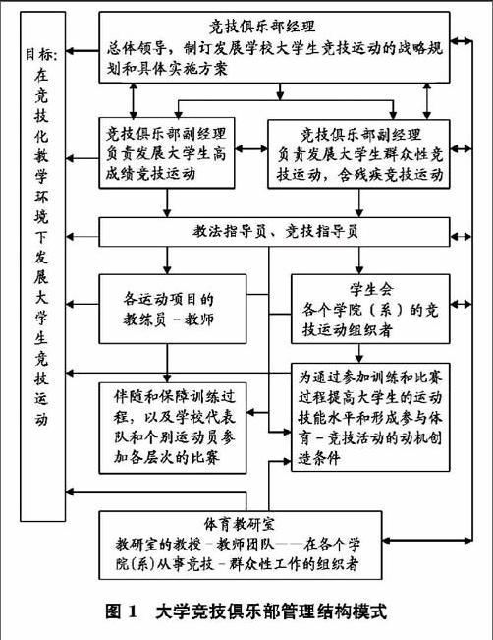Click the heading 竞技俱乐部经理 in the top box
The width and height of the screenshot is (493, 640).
tap(262, 27)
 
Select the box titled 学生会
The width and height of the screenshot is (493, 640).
tap(370, 309)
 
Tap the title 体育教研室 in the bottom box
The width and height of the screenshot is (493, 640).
tap(240, 524)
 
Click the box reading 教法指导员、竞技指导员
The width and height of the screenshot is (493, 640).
tap(274, 232)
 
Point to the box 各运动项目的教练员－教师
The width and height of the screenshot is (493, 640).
tap(173, 309)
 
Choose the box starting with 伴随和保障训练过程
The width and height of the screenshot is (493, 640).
tap(173, 428)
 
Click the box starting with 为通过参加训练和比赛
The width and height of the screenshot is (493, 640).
tap(370, 417)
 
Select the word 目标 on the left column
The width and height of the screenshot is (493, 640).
tap(42, 54)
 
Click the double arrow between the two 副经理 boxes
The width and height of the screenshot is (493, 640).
tap(251, 148)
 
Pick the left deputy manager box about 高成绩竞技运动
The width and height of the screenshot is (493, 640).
tap(167, 153)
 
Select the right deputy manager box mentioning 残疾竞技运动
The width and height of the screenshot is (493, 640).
tap(358, 154)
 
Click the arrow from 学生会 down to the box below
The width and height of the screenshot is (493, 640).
tap(358, 353)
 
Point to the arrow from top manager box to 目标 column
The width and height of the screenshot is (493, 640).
tap(82, 51)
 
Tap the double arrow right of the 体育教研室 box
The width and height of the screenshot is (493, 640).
tap(427, 541)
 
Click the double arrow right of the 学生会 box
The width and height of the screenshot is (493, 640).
tap(462, 304)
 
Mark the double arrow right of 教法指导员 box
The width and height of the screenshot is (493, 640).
tap(462, 236)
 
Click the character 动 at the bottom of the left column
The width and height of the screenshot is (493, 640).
tap(41, 419)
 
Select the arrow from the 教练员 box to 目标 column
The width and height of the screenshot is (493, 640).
tap(82, 304)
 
